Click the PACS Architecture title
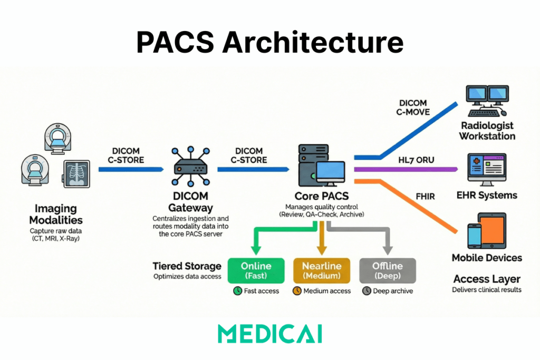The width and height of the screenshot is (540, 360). click(x=269, y=42)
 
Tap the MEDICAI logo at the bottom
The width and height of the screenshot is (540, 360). click(x=269, y=334)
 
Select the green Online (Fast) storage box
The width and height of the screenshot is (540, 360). click(x=256, y=271)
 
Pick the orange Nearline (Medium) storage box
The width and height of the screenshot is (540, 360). click(x=322, y=271)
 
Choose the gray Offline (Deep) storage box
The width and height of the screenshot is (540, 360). click(x=388, y=271)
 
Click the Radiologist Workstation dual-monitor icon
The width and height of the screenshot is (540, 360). click(x=487, y=101)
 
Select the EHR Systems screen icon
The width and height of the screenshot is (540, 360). click(x=487, y=170)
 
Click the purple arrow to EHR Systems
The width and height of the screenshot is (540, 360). click(x=406, y=170)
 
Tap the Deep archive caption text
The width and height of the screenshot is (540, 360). click(x=393, y=291)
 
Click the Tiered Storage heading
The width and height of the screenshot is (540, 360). click(x=187, y=266)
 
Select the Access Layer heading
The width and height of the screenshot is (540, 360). click(x=487, y=279)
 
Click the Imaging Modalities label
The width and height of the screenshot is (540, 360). click(x=56, y=214)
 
